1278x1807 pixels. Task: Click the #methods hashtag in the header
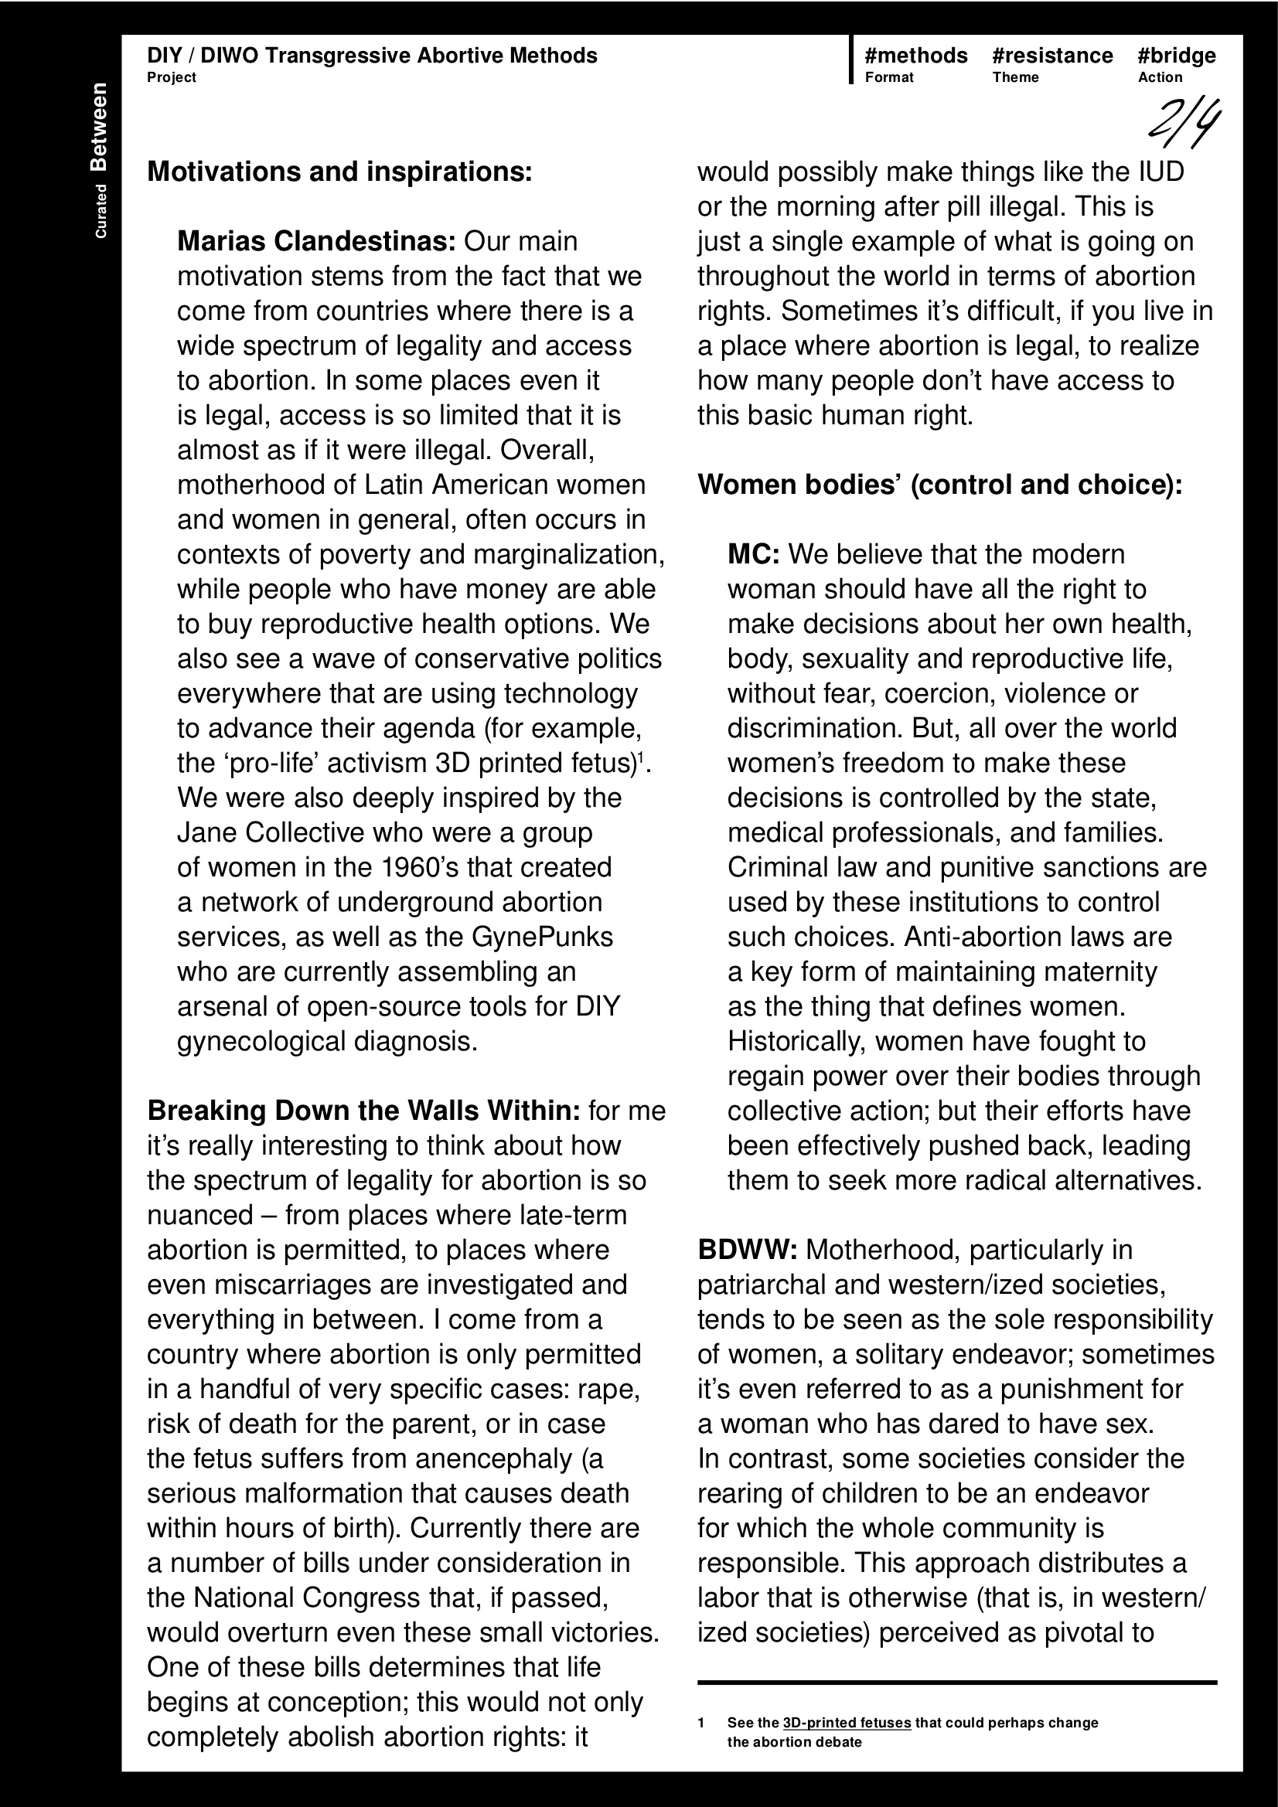coord(915,56)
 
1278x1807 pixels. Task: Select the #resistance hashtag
coord(1052,56)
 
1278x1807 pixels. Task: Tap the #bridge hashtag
coord(1177,56)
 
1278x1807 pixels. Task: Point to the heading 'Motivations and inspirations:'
coord(339,172)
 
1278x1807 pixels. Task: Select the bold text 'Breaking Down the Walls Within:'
coord(364,1111)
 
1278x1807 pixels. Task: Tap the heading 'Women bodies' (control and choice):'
coord(939,485)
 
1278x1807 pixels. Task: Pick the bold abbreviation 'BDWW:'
coord(748,1250)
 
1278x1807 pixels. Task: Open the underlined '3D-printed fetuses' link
coord(847,1723)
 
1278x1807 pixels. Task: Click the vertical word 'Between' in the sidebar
coord(99,127)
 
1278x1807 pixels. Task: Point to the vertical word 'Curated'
coord(101,211)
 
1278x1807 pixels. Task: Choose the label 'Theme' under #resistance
coord(1015,77)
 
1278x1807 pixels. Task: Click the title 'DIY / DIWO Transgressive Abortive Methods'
coord(372,56)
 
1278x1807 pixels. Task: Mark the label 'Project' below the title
coord(171,77)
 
